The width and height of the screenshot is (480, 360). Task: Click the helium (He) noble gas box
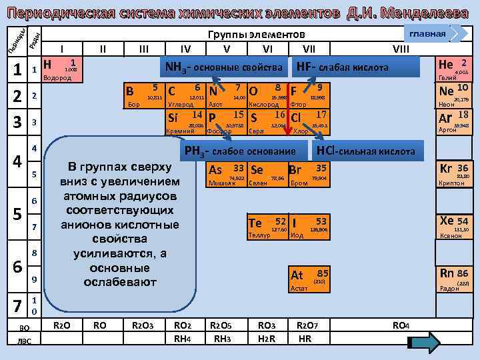pos(454,67)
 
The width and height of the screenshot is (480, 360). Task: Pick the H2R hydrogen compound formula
pos(265,338)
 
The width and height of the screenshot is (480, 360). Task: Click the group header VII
pos(309,48)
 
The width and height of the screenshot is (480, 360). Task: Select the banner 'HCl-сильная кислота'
pos(365,151)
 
